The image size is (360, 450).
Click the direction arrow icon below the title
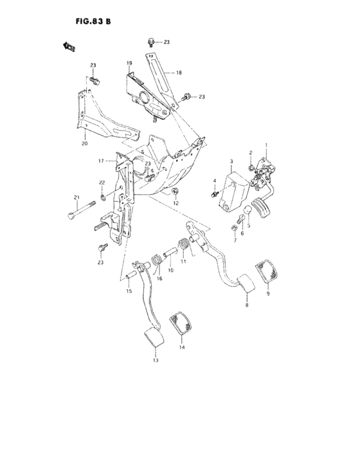pos(68,46)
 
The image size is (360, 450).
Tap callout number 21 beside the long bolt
pos(76,197)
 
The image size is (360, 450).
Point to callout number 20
pos(84,143)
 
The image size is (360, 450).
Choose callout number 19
pos(129,63)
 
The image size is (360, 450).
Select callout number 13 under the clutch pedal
pos(155,361)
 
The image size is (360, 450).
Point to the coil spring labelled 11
pos(183,246)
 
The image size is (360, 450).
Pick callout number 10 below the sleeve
pos(170,271)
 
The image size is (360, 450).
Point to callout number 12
pos(175,203)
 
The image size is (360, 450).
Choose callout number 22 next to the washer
pos(102,183)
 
